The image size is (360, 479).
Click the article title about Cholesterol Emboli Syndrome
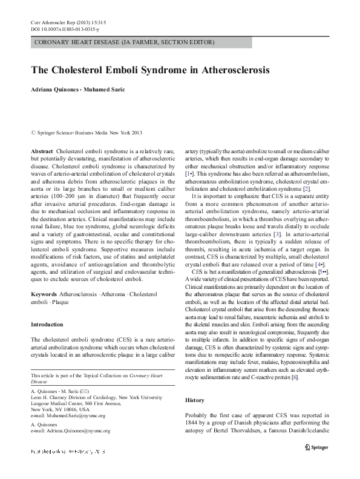(x=150, y=70)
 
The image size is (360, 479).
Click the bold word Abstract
(x=41, y=150)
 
